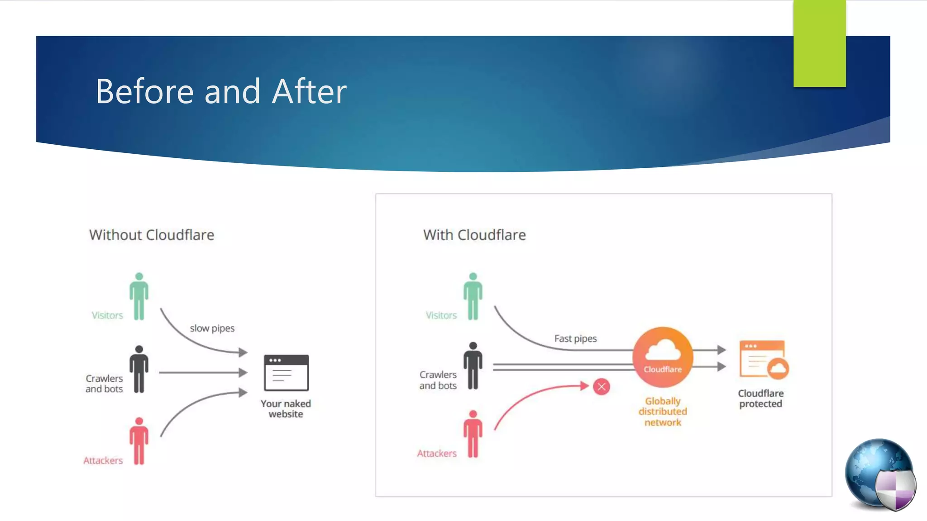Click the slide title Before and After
221,91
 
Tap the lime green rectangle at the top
819,43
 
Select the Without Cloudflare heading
152,235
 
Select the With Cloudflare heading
474,235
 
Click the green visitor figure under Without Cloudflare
139,297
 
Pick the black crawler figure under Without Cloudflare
139,369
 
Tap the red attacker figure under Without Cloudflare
139,441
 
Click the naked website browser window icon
286,373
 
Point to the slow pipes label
212,328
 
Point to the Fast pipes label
575,339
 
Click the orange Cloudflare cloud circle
663,357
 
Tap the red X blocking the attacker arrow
602,387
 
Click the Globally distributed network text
663,412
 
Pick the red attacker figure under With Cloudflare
473,435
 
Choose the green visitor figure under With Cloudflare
473,297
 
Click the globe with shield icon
880,475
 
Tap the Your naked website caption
286,409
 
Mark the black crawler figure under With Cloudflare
473,366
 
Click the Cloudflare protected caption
760,398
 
